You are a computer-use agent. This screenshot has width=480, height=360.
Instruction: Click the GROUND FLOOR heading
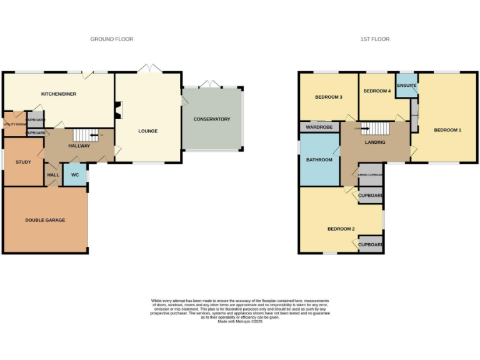coord(111,39)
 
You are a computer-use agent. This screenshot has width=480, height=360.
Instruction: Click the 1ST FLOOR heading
coord(374,39)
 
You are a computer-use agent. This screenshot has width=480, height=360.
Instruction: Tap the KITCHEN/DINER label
coord(59,94)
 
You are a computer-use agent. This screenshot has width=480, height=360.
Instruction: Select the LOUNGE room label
coord(148,131)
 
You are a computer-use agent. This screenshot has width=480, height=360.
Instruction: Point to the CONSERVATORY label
coord(211,119)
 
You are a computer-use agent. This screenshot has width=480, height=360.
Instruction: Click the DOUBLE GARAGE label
coord(45,220)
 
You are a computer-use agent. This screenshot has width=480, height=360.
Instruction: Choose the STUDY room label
coord(23,162)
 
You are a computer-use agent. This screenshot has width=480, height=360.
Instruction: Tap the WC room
coord(75,174)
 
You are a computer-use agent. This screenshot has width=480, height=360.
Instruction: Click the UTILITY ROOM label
coord(14,124)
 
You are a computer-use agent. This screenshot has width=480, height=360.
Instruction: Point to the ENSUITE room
coord(406,86)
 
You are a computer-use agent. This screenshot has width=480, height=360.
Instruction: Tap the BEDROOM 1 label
coord(447,130)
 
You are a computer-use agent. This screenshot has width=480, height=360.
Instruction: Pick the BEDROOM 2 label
coord(341,229)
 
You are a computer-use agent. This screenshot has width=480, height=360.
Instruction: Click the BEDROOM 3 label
coord(328,97)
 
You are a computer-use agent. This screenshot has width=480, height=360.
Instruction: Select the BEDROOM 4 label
coord(377,91)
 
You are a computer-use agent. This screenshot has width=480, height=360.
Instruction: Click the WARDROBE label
coord(319,127)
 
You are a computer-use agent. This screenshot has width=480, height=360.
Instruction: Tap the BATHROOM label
coord(319,160)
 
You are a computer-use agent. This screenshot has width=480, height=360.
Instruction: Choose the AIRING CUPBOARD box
coord(370,174)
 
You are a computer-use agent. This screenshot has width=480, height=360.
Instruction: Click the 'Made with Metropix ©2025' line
coord(241,321)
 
